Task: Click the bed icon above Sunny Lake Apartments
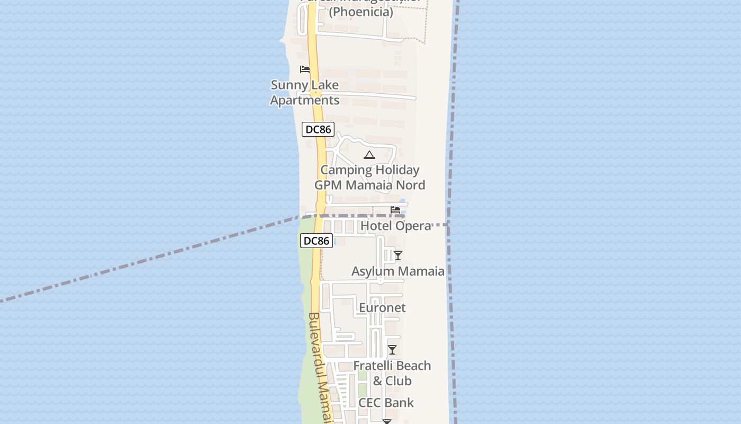click(x=305, y=69)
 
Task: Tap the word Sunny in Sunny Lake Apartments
click(x=288, y=85)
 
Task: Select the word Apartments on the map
click(x=305, y=100)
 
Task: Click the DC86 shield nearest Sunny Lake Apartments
click(x=318, y=129)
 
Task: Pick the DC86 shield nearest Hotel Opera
click(x=317, y=241)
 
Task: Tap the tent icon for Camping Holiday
click(x=369, y=155)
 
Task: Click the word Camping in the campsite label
click(x=346, y=170)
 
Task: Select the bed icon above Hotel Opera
click(x=395, y=210)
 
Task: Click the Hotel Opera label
click(x=395, y=226)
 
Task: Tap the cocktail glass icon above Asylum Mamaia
click(x=398, y=255)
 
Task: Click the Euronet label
click(x=382, y=308)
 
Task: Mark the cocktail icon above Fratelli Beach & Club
click(x=392, y=350)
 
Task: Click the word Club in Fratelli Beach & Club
click(x=399, y=381)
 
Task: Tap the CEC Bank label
click(x=386, y=403)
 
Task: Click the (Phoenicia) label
click(x=361, y=12)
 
